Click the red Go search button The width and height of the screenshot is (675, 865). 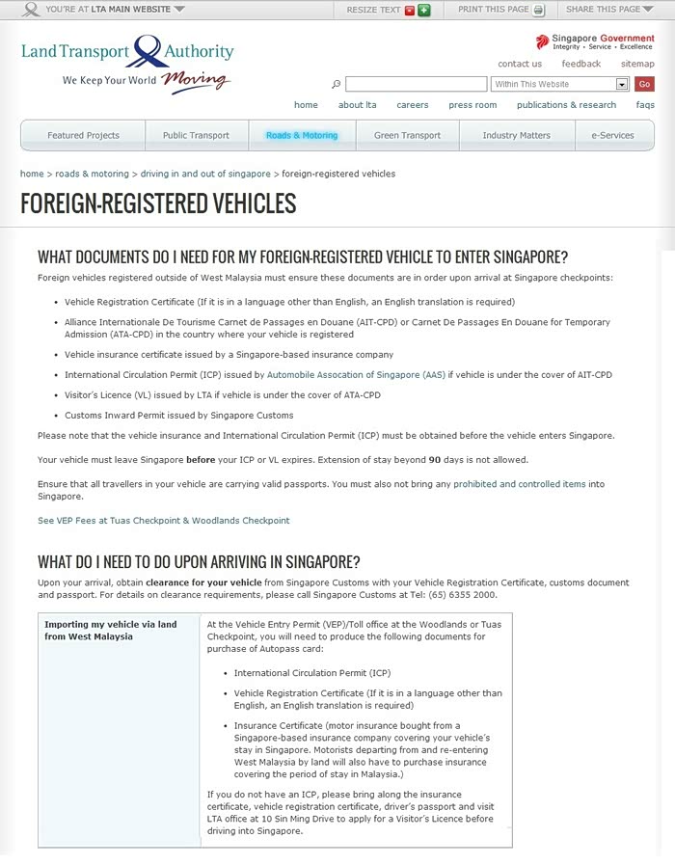644,84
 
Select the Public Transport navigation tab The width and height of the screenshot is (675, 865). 196,135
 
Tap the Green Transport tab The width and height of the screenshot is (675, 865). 407,135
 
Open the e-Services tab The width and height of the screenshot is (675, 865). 613,135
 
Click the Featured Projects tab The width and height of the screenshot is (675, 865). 83,135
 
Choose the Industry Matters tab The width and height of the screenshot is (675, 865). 516,135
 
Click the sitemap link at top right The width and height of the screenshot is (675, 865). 637,64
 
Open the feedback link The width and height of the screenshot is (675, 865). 581,64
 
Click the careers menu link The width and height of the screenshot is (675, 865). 413,105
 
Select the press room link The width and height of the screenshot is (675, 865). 472,105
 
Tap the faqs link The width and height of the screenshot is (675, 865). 645,105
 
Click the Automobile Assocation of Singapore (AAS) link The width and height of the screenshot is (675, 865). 356,374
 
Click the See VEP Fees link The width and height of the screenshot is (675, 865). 163,521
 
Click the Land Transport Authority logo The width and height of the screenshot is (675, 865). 127,60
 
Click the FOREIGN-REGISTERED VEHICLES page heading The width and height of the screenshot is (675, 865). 158,203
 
